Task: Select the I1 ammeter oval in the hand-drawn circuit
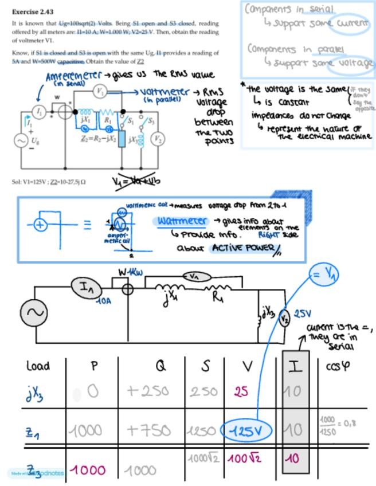87,288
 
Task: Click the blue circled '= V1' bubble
324,275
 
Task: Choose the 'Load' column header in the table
39,365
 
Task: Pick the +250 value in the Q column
148,391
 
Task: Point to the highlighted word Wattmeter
182,221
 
